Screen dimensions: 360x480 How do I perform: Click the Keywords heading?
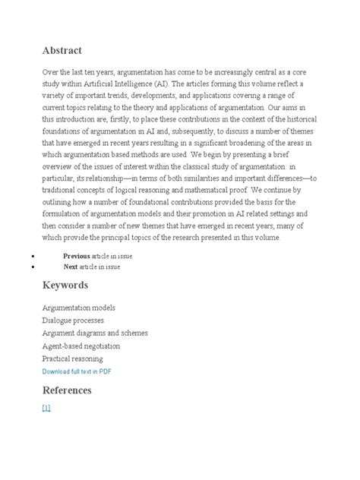pyautogui.click(x=65, y=286)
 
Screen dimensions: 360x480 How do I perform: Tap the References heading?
pyautogui.click(x=68, y=390)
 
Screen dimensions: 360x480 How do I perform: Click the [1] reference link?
pyautogui.click(x=46, y=409)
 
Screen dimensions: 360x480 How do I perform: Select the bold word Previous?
pyautogui.click(x=76, y=257)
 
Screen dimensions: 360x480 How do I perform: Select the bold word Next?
pyautogui.click(x=71, y=267)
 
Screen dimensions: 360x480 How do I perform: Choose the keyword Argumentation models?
pyautogui.click(x=79, y=308)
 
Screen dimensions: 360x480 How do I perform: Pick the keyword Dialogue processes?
pyautogui.click(x=74, y=321)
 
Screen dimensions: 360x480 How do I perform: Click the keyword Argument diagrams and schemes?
pyautogui.click(x=95, y=333)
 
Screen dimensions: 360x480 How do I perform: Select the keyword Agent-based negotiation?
pyautogui.click(x=81, y=346)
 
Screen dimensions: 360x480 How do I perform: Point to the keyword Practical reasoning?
pyautogui.click(x=73, y=358)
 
